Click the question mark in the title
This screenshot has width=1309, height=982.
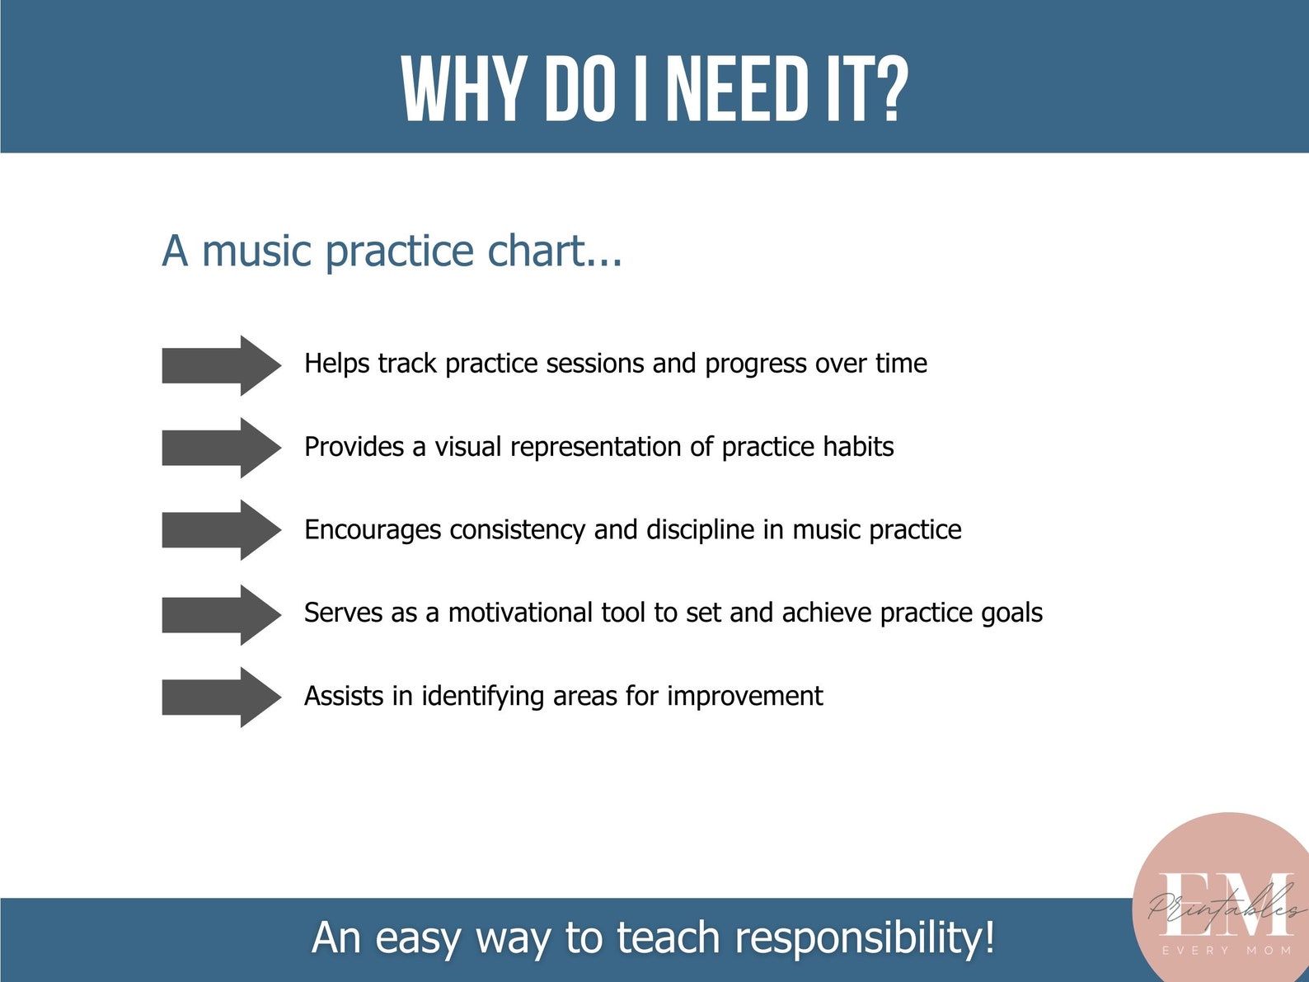point(889,89)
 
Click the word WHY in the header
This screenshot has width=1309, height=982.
point(463,89)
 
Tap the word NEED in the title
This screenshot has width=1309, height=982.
point(737,89)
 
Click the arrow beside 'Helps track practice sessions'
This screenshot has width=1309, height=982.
point(221,365)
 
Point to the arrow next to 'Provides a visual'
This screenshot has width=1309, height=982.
point(221,448)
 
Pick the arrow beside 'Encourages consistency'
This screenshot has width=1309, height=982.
point(221,530)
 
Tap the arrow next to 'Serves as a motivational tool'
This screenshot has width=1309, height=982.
point(221,615)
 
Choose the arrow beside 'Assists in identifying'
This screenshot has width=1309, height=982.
point(221,698)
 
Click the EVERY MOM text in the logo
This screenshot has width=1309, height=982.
point(1226,951)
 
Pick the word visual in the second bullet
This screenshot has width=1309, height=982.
point(467,447)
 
